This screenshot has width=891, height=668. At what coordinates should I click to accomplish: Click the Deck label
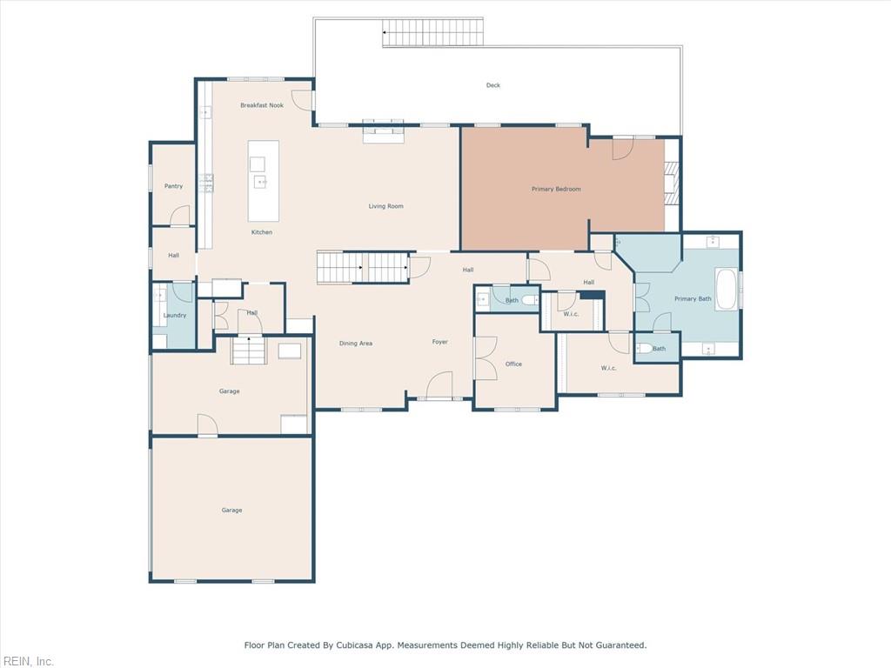493,85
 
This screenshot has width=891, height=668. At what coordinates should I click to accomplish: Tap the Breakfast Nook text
262,105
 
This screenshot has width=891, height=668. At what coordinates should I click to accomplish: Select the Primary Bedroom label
556,189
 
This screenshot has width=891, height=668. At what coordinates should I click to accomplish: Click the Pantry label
173,186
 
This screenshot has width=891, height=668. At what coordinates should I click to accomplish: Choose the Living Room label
385,206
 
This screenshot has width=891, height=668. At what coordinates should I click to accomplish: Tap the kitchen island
264,180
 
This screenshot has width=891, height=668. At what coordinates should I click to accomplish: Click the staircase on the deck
420,34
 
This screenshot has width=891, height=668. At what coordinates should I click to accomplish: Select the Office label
513,364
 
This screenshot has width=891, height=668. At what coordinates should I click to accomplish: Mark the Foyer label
440,342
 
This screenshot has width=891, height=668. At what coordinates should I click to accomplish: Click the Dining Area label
355,344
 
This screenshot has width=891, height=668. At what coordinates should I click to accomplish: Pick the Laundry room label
175,315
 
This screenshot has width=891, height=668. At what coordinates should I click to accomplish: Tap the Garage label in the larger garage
231,510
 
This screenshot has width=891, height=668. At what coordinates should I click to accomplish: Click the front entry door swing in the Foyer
439,385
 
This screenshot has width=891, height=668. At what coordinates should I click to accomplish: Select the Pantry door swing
180,216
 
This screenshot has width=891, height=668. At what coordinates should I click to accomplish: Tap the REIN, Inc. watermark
27,661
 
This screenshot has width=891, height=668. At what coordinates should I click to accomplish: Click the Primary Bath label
693,299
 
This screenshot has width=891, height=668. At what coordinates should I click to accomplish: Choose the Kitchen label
262,232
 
